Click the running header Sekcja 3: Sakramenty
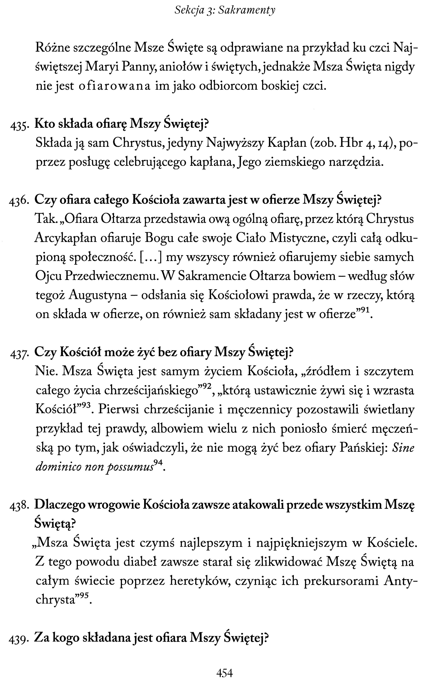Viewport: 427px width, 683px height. coord(225,10)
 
